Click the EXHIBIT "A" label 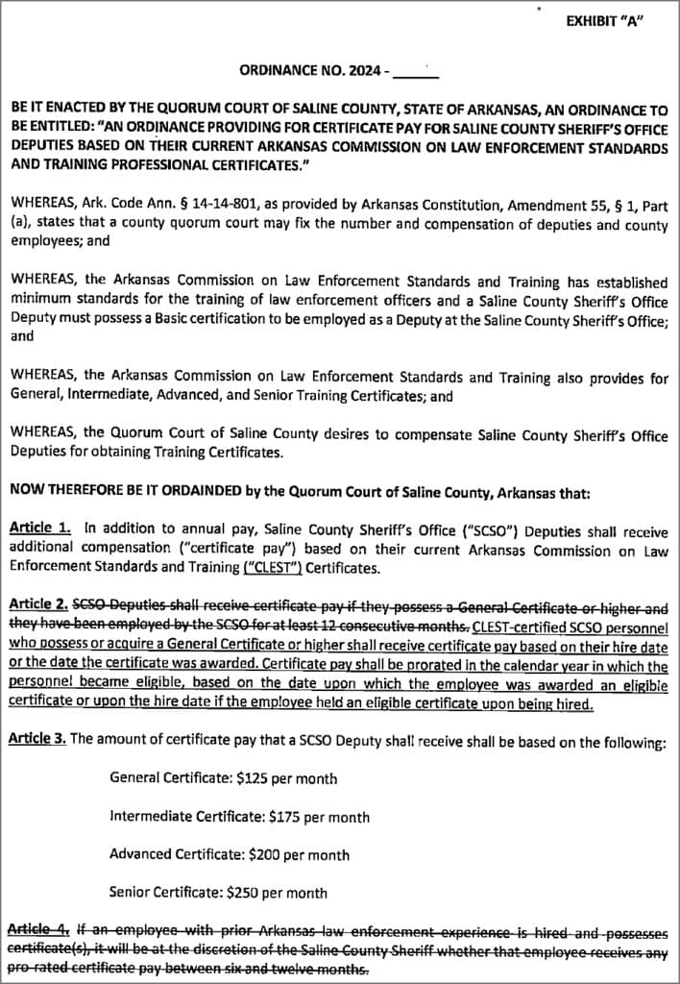(604, 21)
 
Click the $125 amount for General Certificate (259, 778)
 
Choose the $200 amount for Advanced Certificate (268, 854)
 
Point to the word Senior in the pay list (130, 892)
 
